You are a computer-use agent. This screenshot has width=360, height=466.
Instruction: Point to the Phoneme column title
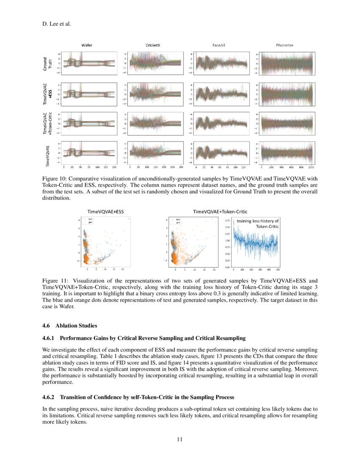tap(284, 45)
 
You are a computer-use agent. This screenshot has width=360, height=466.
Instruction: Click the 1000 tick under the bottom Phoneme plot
tap(311, 167)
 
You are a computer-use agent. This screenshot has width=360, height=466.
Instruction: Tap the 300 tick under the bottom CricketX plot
tap(181, 167)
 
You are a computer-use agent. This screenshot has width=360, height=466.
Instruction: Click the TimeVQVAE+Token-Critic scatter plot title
tap(220, 211)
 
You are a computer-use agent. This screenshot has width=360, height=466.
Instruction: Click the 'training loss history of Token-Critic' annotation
tap(258, 224)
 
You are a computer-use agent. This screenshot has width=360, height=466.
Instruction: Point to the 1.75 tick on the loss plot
tap(227, 221)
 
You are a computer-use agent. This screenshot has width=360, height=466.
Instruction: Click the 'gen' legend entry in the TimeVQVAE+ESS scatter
tap(90, 222)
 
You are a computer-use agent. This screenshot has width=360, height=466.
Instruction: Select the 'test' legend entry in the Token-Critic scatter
tap(178, 219)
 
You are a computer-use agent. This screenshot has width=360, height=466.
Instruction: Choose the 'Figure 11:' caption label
tap(54, 281)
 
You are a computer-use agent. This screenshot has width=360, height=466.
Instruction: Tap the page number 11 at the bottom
tap(180, 439)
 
